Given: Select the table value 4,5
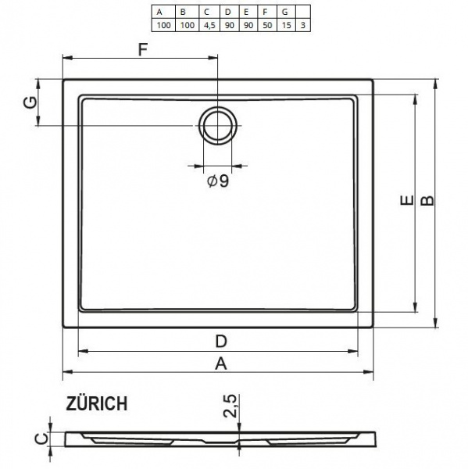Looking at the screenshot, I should tap(207, 25).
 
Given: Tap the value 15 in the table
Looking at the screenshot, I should tap(287, 25).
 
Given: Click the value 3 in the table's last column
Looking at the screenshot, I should tap(304, 25).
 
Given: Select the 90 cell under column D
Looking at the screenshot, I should tap(229, 25).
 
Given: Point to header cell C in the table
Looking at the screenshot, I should tap(207, 13).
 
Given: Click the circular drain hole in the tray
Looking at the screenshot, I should tap(216, 125).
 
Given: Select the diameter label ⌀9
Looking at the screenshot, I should tap(217, 181).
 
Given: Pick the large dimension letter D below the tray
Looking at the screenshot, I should tap(221, 341).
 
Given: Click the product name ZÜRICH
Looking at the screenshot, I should tap(97, 403).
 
